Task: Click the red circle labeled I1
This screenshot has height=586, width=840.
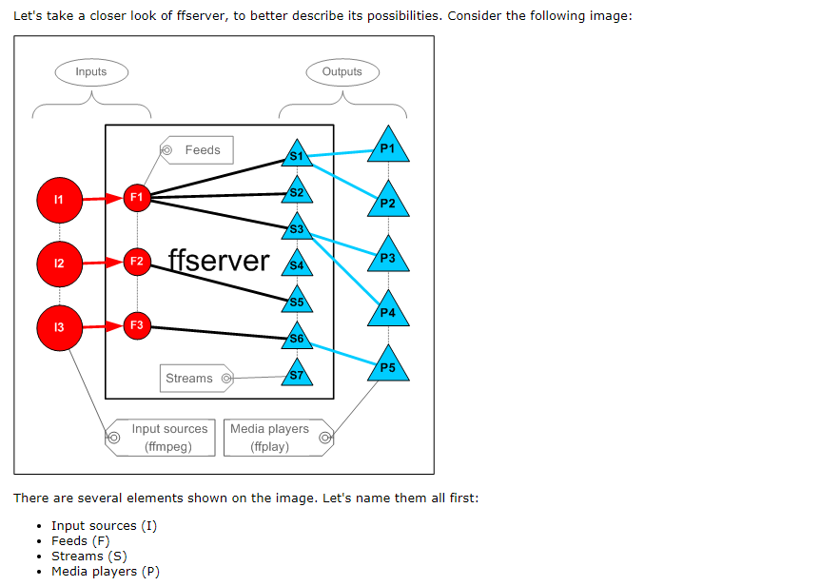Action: point(59,200)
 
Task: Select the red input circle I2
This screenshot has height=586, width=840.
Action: point(59,264)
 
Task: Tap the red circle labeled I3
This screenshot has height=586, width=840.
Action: point(59,327)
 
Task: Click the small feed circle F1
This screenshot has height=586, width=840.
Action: point(137,198)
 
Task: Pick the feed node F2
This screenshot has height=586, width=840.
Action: point(137,261)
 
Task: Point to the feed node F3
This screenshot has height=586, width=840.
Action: point(137,325)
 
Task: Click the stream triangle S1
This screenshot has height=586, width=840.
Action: point(297,154)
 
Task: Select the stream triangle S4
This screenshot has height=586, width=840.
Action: point(297,264)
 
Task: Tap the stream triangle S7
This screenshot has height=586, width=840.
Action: point(297,375)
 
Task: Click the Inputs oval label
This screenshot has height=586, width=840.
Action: point(90,72)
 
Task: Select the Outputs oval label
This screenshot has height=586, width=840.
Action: point(342,72)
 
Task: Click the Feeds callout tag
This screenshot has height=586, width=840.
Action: point(197,150)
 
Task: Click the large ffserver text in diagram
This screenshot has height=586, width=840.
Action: point(219,261)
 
